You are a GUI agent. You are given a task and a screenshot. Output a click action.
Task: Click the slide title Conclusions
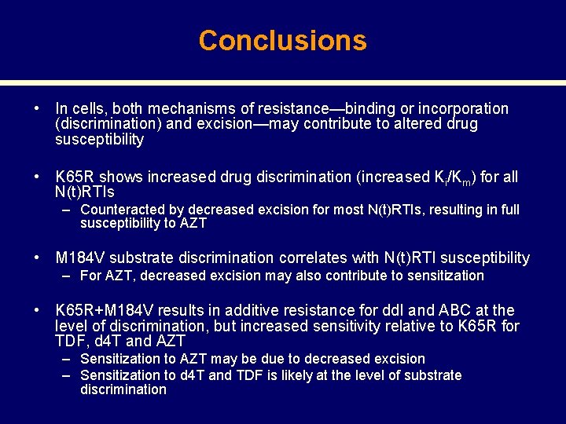282,40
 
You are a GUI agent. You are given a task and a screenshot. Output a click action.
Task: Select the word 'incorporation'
463,109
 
